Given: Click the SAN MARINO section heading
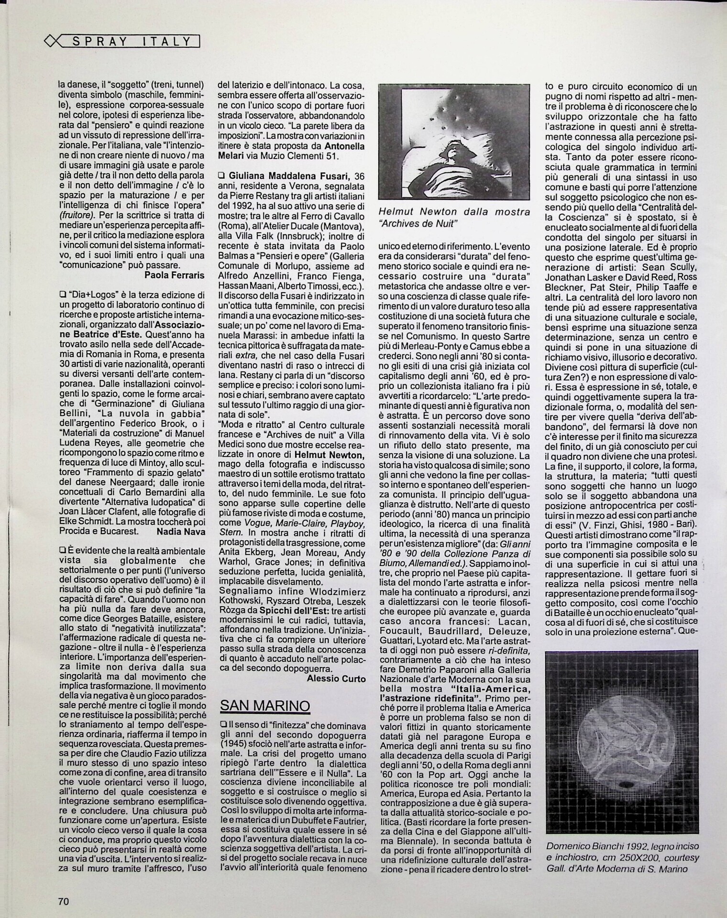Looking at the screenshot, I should click(x=264, y=705).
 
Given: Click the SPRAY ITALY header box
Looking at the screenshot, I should click(x=131, y=42).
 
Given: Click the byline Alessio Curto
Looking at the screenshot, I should click(x=336, y=678).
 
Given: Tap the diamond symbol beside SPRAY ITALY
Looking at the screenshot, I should click(x=51, y=42).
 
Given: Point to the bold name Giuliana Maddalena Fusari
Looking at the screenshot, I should click(x=284, y=176).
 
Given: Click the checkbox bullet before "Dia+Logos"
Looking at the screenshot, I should click(x=62, y=295).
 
